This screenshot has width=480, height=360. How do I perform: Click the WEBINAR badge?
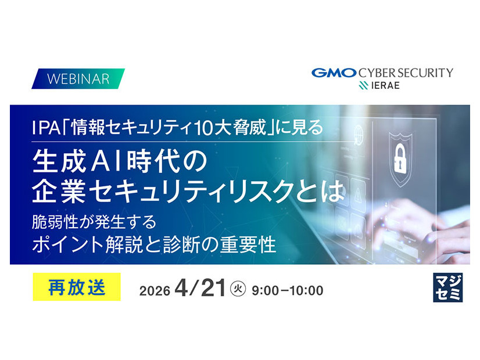pyautogui.click(x=78, y=78)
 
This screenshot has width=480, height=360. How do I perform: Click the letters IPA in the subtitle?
pyautogui.click(x=45, y=127)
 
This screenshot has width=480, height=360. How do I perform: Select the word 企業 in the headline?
pyautogui.click(x=58, y=192)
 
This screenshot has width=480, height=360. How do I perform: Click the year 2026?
pyautogui.click(x=155, y=291)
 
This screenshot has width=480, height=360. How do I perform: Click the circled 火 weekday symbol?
pyautogui.click(x=238, y=289)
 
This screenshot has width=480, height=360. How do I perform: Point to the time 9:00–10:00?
pyautogui.click(x=287, y=290)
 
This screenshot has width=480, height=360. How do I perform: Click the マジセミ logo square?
pyautogui.click(x=448, y=288)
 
